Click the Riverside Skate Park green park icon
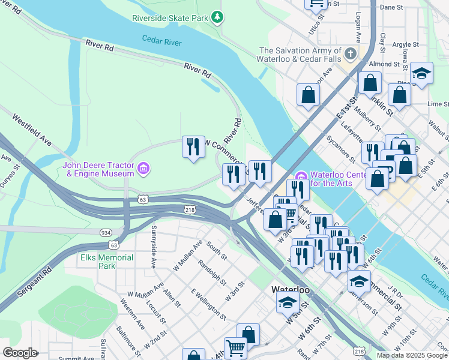pyautogui.click(x=218, y=18)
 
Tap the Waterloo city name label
pyautogui.click(x=291, y=289)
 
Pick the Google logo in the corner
pyautogui.click(x=20, y=353)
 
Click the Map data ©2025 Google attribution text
pyautogui.click(x=412, y=355)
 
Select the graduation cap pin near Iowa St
pyautogui.click(x=422, y=74)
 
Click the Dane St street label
pyautogui.click(x=391, y=7)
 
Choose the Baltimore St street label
pyautogui.click(x=128, y=339)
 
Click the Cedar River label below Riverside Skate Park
pyautogui.click(x=161, y=41)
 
